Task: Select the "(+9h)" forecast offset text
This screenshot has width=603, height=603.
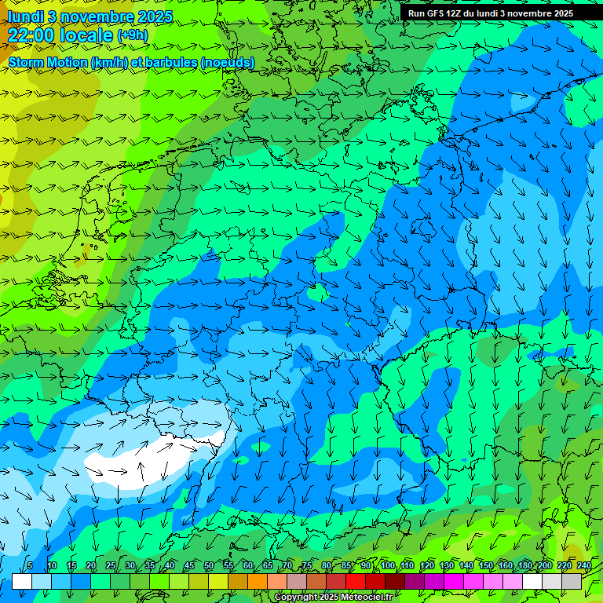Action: (x=131, y=35)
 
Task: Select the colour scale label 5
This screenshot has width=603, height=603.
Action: (x=30, y=566)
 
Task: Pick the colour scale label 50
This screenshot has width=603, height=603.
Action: (x=208, y=566)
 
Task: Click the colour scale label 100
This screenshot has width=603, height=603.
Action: (x=388, y=566)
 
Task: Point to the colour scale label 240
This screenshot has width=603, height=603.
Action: (x=584, y=566)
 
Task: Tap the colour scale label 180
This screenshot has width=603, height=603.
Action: (x=525, y=566)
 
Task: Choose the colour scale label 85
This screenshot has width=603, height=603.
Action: (x=345, y=566)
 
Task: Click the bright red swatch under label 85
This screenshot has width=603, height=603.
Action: (x=355, y=581)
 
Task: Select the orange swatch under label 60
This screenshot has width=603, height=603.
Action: (x=257, y=581)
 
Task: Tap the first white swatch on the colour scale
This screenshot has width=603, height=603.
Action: (x=21, y=581)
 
